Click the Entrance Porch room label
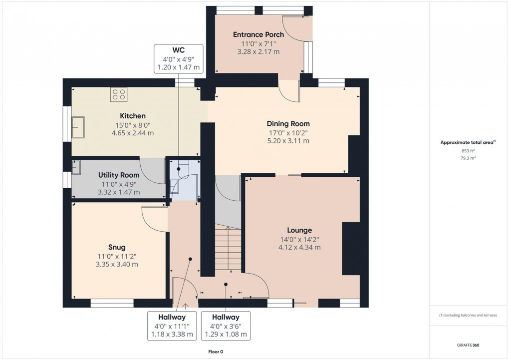pyautogui.click(x=258, y=34)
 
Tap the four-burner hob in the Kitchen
pyautogui.click(x=119, y=94)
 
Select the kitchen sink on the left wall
pyautogui.click(x=78, y=127)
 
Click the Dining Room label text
pyautogui.click(x=288, y=124)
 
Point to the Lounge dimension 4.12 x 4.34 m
pyautogui.click(x=299, y=247)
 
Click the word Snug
pyautogui.click(x=117, y=247)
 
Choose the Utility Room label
pyautogui.click(x=119, y=175)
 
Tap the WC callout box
pyautogui.click(x=179, y=58)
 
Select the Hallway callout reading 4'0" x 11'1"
pyautogui.click(x=172, y=326)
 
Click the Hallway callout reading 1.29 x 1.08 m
pyautogui.click(x=226, y=335)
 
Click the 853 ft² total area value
pyautogui.click(x=467, y=151)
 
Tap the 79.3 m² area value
pyautogui.click(x=467, y=158)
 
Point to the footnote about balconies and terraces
pyautogui.click(x=468, y=315)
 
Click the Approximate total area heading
pyautogui.click(x=467, y=142)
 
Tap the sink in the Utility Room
pyautogui.click(x=76, y=168)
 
